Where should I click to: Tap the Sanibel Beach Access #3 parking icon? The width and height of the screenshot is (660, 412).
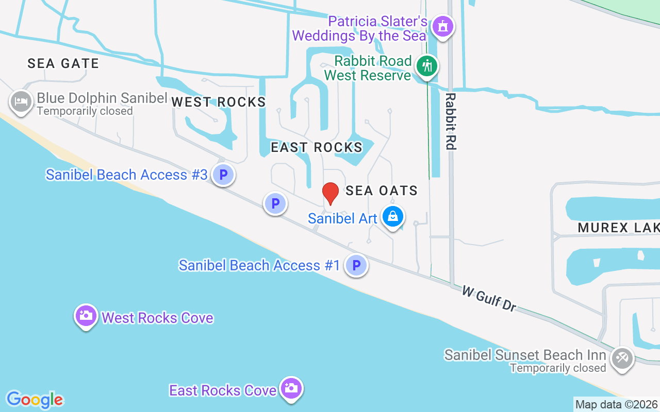(223, 175)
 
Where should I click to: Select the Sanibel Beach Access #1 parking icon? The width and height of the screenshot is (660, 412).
(356, 266)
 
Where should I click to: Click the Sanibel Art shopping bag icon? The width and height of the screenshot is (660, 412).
(393, 217)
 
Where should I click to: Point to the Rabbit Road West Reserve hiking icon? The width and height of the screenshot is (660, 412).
(427, 66)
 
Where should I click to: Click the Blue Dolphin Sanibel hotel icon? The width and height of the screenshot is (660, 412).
(21, 100)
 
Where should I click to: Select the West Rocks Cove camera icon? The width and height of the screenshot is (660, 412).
(86, 315)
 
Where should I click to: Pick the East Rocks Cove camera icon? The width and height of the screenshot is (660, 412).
(291, 388)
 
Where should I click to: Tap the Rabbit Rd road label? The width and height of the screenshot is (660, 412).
(451, 122)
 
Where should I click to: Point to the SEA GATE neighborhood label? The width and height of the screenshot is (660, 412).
(63, 63)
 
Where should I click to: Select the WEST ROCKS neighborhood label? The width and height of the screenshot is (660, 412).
(219, 102)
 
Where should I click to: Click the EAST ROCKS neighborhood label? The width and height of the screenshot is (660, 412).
(317, 147)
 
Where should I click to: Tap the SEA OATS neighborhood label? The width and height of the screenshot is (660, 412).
(382, 191)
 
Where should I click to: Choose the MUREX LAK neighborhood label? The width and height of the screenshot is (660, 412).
(618, 228)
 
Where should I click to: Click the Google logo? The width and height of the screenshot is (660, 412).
(35, 400)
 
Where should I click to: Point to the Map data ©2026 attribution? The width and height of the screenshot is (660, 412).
(616, 404)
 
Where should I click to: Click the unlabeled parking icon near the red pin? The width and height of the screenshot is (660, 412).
(275, 203)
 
